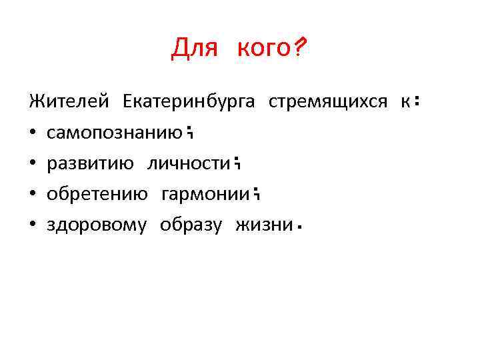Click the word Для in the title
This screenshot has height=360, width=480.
192,49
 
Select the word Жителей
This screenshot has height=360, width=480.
68,102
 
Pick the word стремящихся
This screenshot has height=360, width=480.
327,102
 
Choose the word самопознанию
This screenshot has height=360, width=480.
115,133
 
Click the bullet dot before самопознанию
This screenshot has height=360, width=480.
32,133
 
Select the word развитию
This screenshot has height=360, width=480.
90,164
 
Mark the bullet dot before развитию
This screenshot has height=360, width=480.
32,164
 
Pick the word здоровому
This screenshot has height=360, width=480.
96,225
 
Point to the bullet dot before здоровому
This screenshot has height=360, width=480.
32,225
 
